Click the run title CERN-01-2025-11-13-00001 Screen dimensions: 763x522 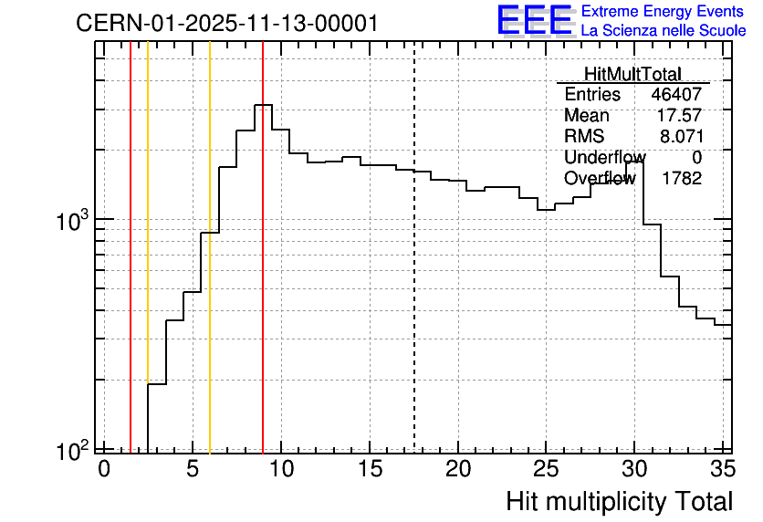click(226, 23)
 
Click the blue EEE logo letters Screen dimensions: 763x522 click(535, 20)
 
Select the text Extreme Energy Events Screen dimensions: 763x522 click(663, 11)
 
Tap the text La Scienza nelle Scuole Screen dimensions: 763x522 click(664, 31)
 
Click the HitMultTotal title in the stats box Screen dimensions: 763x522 click(632, 74)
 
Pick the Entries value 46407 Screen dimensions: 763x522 click(676, 94)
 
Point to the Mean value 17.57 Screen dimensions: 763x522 click(679, 115)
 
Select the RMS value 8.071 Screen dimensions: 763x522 click(681, 136)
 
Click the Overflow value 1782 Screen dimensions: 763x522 click(681, 179)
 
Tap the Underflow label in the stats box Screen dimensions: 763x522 click(605, 157)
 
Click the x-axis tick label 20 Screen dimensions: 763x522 click(458, 469)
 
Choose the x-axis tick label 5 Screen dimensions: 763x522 click(193, 469)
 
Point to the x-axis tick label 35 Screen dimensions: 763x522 click(723, 469)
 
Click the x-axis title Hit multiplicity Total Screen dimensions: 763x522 click(620, 502)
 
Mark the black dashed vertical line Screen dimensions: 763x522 click(414, 247)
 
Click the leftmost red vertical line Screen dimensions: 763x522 click(131, 247)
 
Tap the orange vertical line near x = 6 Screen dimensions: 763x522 click(210, 247)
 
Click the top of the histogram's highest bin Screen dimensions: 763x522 click(263, 105)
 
